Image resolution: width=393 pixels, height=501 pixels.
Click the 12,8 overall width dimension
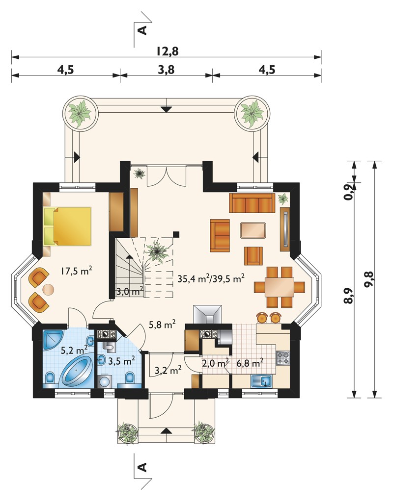[x=167, y=51]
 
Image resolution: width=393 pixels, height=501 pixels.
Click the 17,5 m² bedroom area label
[x=77, y=272]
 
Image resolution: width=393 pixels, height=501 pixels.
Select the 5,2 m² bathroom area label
[x=74, y=351]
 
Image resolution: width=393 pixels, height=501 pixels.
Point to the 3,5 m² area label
[x=121, y=361]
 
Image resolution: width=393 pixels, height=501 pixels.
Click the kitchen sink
[x=261, y=380]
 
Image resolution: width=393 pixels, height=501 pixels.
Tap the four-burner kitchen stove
[x=283, y=358]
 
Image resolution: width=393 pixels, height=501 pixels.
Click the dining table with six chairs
[x=280, y=287]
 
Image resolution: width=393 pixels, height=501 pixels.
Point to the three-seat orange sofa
[x=252, y=203]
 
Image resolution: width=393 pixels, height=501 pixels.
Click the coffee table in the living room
[x=253, y=230]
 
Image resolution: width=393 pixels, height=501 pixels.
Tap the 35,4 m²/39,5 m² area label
[x=211, y=278]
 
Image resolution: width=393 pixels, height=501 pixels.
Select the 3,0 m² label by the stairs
[x=129, y=291]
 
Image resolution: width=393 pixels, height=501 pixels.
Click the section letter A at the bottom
[x=142, y=467]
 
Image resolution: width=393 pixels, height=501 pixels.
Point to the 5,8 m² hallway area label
[x=162, y=325]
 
